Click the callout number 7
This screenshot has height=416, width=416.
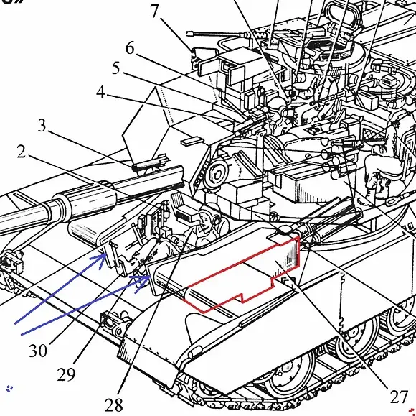point(155,11)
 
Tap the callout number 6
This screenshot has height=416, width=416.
point(130,48)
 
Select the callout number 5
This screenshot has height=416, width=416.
point(115,68)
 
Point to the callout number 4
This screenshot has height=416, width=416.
point(100,93)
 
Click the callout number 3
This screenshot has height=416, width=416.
point(42,126)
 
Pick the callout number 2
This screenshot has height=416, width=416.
point(22,152)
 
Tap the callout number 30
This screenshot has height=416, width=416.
point(38,351)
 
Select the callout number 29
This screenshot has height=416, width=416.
point(66,374)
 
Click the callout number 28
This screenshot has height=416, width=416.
point(114,405)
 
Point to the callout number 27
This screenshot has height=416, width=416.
point(399,397)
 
